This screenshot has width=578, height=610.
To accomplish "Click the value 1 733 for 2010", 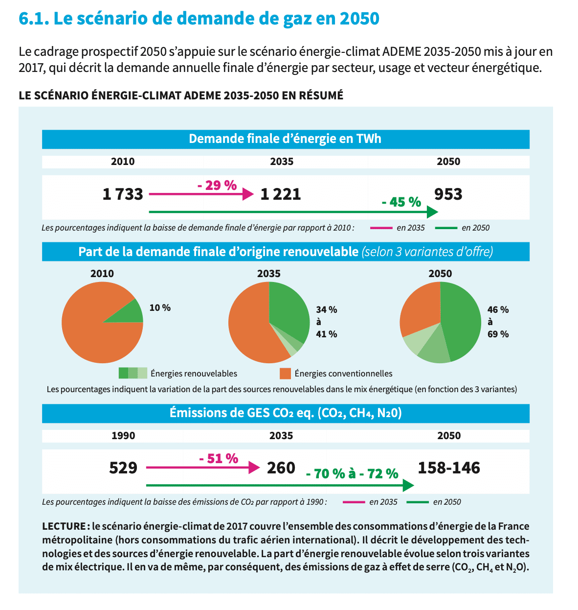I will (123, 194).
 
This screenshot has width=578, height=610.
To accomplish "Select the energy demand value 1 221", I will (281, 194).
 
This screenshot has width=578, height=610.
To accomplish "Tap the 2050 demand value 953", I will (448, 194).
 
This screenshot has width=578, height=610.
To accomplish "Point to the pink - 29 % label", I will (217, 186).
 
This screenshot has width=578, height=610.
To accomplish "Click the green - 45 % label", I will (401, 202).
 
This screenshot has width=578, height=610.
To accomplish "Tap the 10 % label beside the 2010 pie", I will (160, 308).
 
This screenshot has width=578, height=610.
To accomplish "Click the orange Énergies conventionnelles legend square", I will (285, 374).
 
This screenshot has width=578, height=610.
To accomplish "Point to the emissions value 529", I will (123, 468).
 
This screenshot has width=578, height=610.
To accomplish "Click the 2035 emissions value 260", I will (281, 468).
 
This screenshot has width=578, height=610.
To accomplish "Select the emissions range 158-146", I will (449, 468).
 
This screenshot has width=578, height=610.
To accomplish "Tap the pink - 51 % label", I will (219, 459).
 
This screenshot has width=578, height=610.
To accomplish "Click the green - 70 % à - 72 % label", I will (352, 474).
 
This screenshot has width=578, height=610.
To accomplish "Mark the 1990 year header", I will (123, 436).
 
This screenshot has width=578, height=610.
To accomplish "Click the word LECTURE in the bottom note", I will (64, 526).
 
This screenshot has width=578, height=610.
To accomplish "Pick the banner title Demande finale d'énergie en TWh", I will (285, 139).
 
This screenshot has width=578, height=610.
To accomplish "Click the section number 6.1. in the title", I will (33, 19).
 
